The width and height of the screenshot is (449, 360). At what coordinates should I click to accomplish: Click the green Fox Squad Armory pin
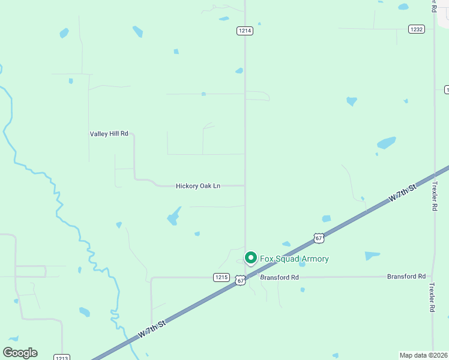pyautogui.click(x=250, y=258)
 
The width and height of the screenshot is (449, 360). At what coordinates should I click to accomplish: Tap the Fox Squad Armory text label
pyautogui.click(x=294, y=259)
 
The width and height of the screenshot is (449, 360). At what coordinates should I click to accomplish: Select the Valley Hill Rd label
pyautogui.click(x=109, y=134)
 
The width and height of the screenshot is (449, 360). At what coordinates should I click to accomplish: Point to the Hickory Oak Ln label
pyautogui.click(x=198, y=186)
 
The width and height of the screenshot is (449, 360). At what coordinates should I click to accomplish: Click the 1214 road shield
pyautogui.click(x=244, y=31)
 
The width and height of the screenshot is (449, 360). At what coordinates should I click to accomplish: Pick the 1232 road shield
pyautogui.click(x=417, y=29)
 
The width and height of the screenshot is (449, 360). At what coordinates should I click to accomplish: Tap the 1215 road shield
pyautogui.click(x=221, y=277)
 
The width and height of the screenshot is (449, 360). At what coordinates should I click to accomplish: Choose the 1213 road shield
pyautogui.click(x=62, y=358)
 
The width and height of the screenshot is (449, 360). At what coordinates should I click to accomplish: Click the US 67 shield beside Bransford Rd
pyautogui.click(x=241, y=280)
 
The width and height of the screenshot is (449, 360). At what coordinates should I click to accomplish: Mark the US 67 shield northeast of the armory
pyautogui.click(x=319, y=238)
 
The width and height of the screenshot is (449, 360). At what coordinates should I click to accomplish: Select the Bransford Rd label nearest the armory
pyautogui.click(x=279, y=277)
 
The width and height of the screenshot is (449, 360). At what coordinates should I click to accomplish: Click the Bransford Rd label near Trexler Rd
pyautogui.click(x=406, y=276)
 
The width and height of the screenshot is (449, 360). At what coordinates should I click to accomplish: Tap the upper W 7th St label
pyautogui.click(x=402, y=194)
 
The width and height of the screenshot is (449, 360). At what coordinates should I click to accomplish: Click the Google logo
pyautogui.click(x=20, y=353)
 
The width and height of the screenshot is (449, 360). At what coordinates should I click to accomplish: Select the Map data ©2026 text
pyautogui.click(x=424, y=355)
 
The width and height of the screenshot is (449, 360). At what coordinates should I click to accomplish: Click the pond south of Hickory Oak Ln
pyautogui.click(x=173, y=216)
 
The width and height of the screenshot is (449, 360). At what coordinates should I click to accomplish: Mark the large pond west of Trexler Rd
pyautogui.click(x=386, y=143)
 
